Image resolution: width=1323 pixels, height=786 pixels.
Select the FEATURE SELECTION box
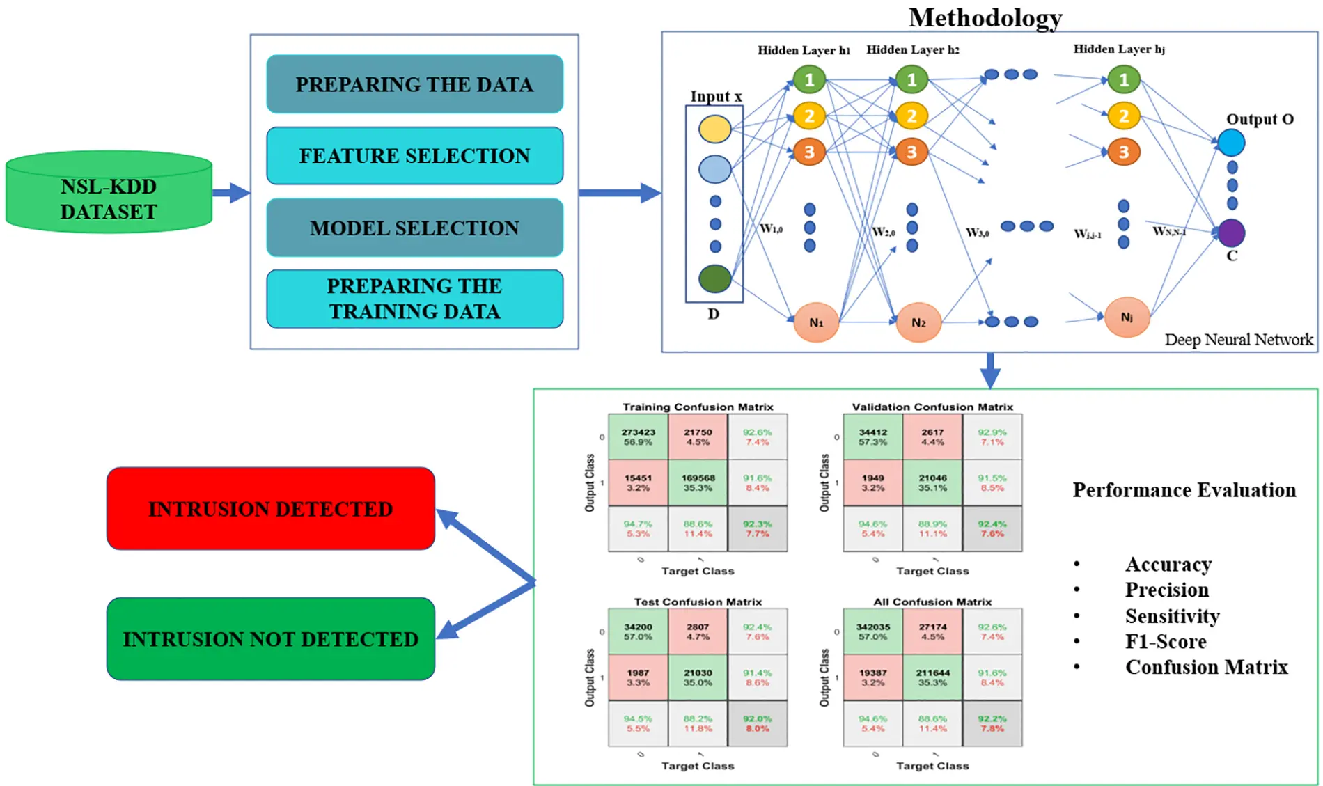[x=414, y=155]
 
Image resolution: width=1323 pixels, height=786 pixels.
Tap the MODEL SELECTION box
[x=414, y=228]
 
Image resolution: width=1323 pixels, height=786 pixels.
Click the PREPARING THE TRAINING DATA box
[x=414, y=299]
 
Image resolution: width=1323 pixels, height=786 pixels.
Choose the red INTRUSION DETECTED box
[x=270, y=508]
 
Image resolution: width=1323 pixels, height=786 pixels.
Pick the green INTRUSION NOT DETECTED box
[x=270, y=638]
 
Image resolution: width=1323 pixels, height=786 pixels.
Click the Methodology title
[x=985, y=17]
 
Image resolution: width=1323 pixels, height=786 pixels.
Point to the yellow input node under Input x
[x=714, y=129]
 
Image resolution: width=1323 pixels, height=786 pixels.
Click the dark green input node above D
[x=714, y=278]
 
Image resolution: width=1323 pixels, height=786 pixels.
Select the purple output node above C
[x=1231, y=233]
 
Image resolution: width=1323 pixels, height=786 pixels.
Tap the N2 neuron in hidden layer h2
[x=918, y=322]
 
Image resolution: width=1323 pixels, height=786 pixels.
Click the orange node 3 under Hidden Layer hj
[x=1123, y=152]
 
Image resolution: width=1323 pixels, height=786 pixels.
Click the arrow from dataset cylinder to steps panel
[x=230, y=193]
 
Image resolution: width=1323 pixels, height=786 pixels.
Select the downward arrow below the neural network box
[x=989, y=370]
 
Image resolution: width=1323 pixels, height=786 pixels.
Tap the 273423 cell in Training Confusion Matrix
[x=638, y=437]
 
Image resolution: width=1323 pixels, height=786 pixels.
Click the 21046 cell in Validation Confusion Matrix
[x=932, y=482]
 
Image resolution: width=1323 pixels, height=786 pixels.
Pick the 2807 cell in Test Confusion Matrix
[x=698, y=631]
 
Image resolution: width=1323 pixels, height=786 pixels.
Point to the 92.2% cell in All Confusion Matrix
[x=992, y=723]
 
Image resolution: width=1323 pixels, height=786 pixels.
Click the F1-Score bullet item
[x=1165, y=641]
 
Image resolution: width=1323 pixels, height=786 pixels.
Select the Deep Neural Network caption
[x=1238, y=340]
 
